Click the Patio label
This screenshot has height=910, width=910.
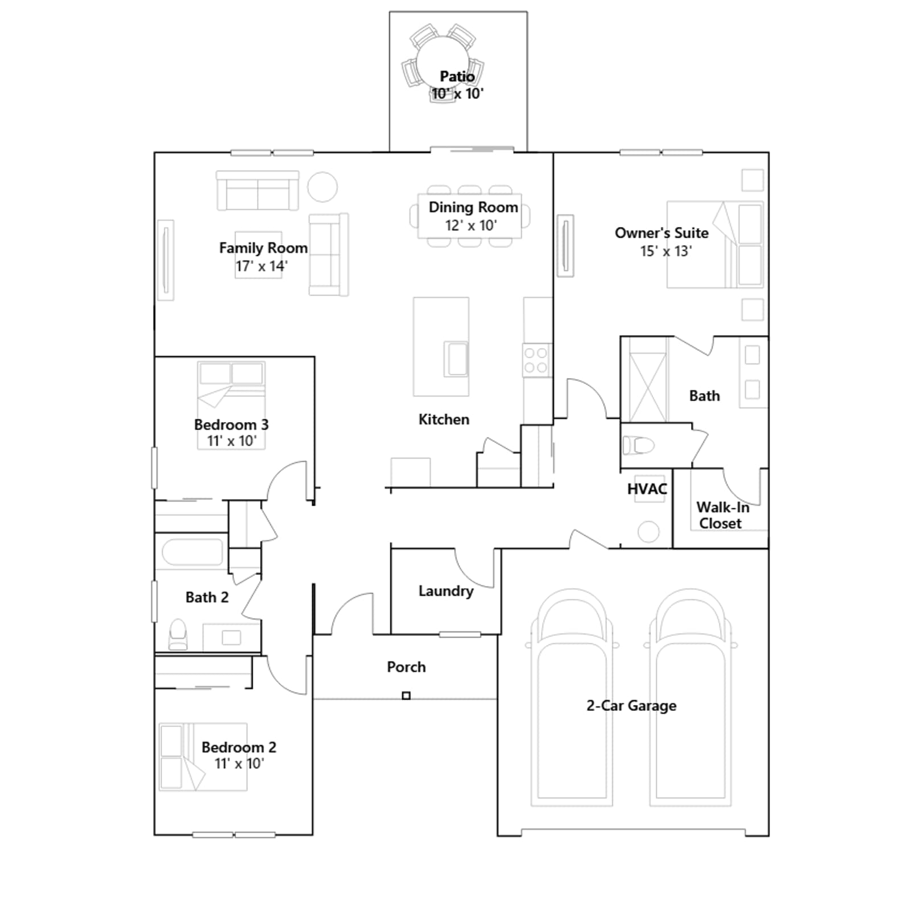(457, 76)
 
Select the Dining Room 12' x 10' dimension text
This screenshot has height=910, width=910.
(471, 225)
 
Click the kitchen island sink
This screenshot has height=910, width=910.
(456, 358)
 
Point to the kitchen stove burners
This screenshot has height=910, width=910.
(536, 360)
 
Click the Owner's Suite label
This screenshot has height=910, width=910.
(661, 233)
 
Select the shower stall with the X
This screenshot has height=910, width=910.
(648, 387)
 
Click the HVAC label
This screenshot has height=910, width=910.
(647, 489)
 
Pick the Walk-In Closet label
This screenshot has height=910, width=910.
(722, 515)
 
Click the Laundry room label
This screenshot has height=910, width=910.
(446, 591)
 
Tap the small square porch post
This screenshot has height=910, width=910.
(406, 696)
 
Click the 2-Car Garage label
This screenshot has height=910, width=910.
(631, 706)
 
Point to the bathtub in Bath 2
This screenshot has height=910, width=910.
(192, 552)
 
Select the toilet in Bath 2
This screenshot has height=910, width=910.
(178, 634)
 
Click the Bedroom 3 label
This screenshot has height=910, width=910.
(231, 425)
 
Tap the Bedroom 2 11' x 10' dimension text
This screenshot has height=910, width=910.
(239, 763)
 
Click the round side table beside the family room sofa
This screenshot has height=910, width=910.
(322, 187)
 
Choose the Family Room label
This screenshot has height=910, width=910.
(263, 248)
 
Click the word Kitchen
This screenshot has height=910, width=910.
(444, 420)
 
